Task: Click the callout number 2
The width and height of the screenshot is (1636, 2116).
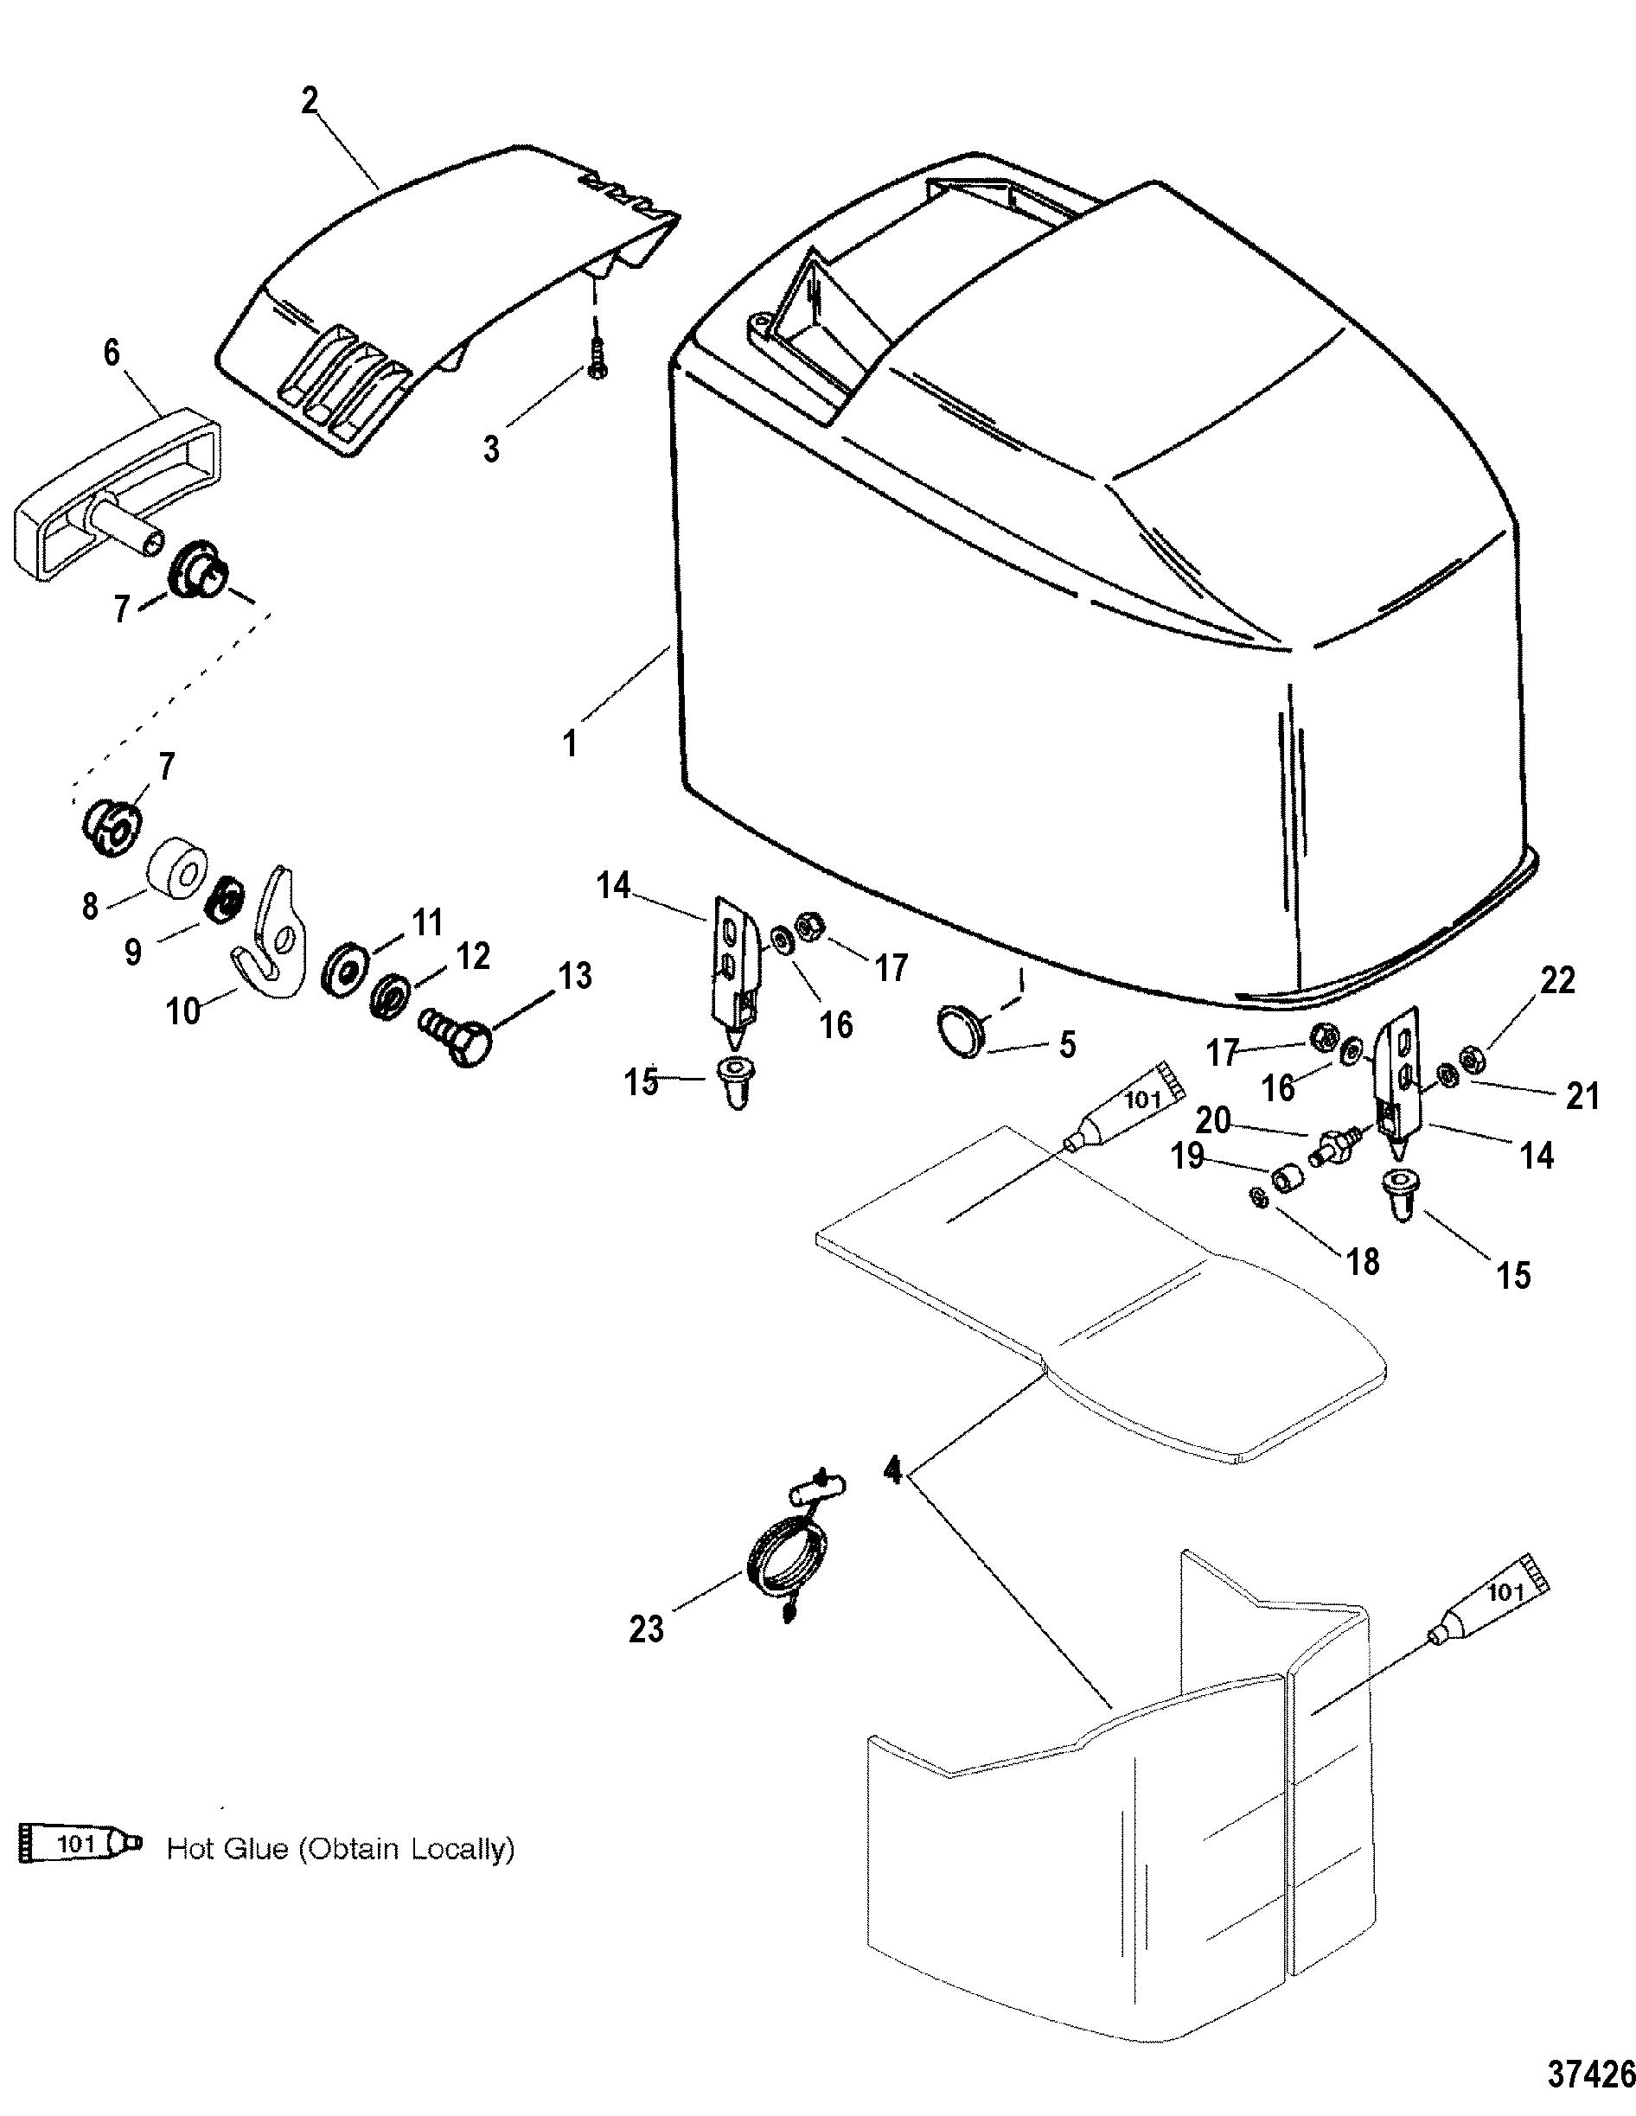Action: (x=310, y=101)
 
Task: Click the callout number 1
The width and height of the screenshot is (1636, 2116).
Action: (x=570, y=743)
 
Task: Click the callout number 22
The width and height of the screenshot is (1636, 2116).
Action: (x=1558, y=981)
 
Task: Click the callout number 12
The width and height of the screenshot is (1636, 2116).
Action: (x=472, y=957)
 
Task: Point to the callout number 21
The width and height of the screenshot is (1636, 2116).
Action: (x=1582, y=1096)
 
